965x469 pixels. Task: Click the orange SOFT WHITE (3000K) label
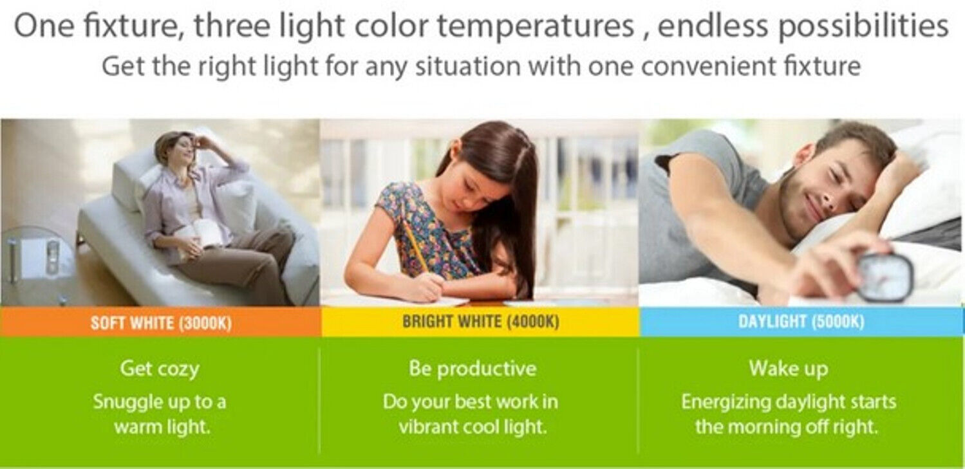161,322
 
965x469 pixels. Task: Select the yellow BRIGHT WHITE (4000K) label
481,321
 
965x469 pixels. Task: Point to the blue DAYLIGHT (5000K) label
801,321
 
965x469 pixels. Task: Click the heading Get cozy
160,369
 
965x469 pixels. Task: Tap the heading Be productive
473,369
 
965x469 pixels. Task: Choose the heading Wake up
789,369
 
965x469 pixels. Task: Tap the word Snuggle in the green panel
127,403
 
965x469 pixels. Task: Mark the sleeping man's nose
825,197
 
